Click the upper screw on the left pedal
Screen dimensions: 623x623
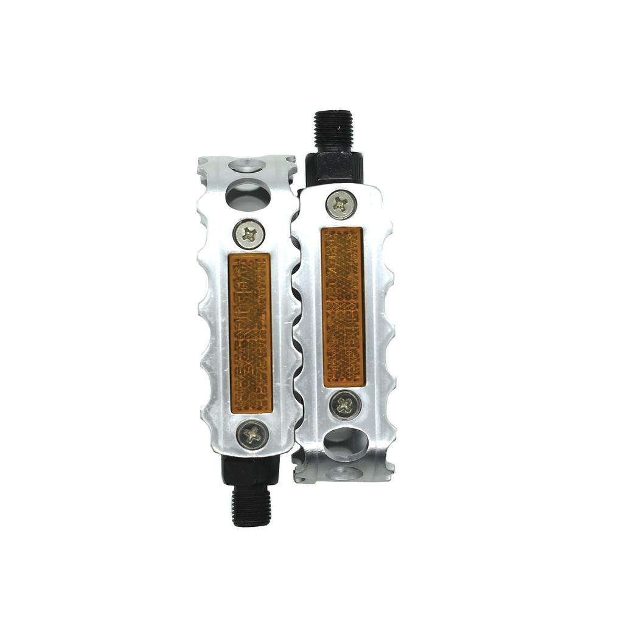click(x=249, y=234)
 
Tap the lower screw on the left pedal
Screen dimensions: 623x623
click(x=252, y=434)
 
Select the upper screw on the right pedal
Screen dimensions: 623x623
click(x=341, y=204)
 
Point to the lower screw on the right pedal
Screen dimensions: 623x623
click(x=343, y=405)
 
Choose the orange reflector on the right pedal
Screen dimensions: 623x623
click(x=343, y=307)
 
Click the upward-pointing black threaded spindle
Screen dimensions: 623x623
click(x=333, y=130)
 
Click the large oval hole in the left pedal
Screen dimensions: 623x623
click(x=246, y=194)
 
